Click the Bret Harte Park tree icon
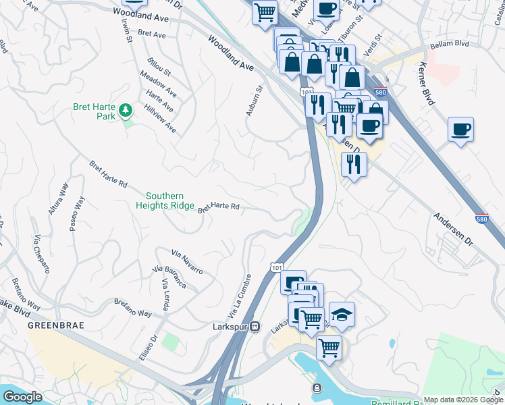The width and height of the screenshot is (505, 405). (125, 110)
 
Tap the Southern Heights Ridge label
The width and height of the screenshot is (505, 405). (165, 200)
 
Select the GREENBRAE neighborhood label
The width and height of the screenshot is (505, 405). (50, 325)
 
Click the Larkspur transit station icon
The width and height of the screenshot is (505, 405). (255, 326)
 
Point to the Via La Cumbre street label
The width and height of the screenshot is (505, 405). (240, 297)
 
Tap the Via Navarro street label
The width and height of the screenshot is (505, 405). (187, 262)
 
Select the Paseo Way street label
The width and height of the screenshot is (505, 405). (77, 213)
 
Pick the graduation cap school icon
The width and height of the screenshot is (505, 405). (342, 315)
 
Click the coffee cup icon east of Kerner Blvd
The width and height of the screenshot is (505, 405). (460, 129)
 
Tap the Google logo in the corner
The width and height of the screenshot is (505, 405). (22, 397)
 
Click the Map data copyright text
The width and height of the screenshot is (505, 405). (462, 400)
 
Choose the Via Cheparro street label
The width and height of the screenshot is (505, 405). (42, 254)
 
